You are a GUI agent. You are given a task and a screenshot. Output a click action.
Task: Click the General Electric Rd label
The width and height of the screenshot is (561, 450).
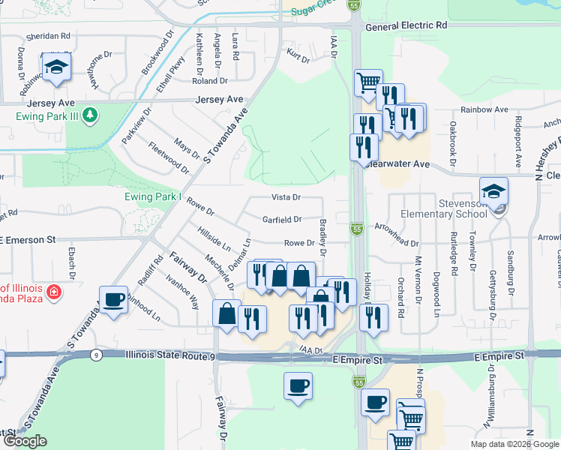[x=406, y=25]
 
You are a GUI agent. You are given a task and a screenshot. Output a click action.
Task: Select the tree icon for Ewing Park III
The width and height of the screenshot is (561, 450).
[x=89, y=115]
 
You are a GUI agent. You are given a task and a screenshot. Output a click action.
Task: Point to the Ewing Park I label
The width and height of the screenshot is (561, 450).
[x=153, y=197]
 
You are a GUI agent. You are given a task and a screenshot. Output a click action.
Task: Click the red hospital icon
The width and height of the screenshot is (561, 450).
[x=53, y=292]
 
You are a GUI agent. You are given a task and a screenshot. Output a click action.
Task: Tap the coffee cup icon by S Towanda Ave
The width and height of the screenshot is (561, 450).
[x=113, y=300]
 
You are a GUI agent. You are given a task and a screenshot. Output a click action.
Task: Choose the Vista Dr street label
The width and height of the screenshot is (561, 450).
[x=286, y=198]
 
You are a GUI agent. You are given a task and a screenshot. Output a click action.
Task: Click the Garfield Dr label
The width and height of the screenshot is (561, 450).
[x=282, y=220]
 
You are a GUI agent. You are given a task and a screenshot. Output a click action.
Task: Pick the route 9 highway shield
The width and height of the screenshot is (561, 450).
[x=96, y=355]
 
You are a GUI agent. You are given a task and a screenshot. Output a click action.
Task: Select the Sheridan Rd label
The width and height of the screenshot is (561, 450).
[x=47, y=35]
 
